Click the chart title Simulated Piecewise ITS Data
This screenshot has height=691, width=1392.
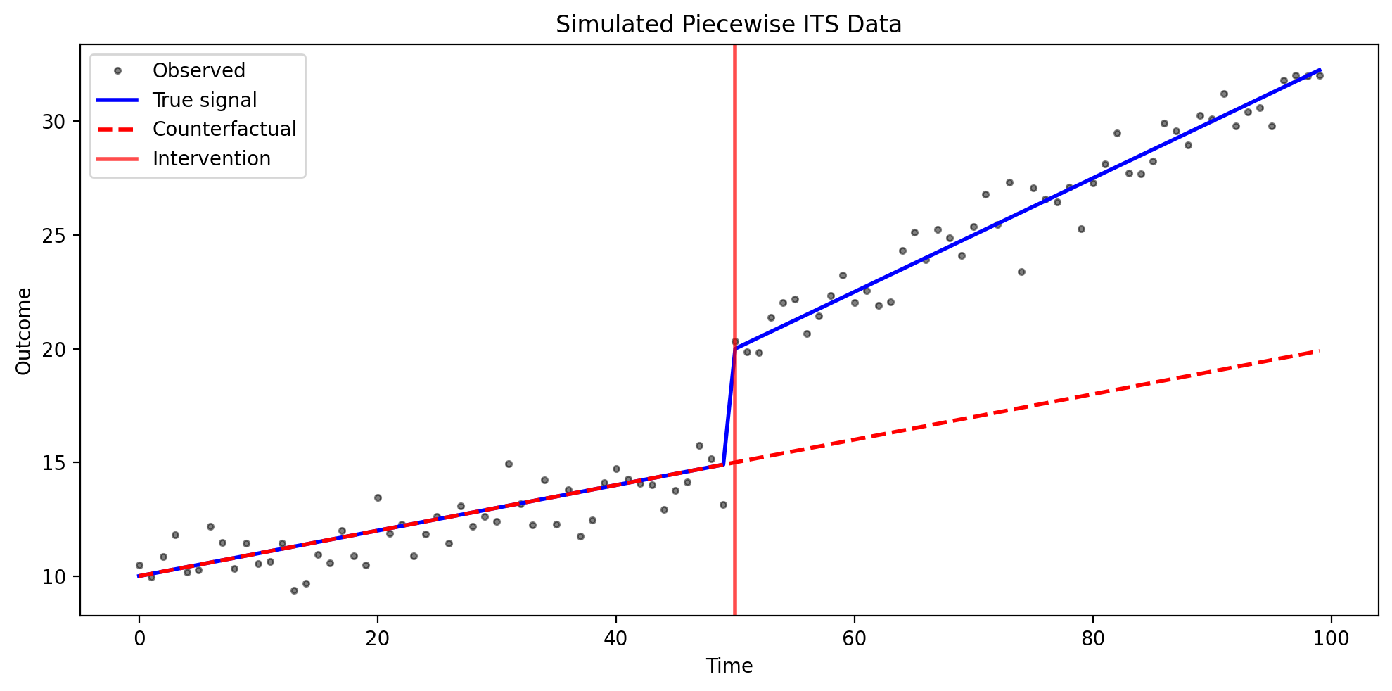(x=728, y=25)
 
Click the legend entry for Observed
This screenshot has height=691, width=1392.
(x=198, y=70)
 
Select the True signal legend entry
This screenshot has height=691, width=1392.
(x=204, y=100)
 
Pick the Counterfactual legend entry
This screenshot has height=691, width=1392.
(x=224, y=129)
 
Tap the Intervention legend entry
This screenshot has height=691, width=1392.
(x=211, y=159)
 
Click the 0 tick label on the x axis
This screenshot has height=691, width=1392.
(x=139, y=639)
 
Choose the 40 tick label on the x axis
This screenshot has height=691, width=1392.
(x=616, y=639)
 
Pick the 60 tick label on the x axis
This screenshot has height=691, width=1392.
(x=855, y=639)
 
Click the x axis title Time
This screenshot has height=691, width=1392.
(x=729, y=666)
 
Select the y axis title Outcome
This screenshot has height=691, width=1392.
(x=24, y=331)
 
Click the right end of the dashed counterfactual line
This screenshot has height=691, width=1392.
(x=1318, y=351)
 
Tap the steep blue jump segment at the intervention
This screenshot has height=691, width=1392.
(x=729, y=407)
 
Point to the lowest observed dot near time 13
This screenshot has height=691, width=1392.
(x=294, y=590)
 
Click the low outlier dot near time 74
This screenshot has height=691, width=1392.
(x=1021, y=272)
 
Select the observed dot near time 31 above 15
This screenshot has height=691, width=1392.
(x=509, y=464)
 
